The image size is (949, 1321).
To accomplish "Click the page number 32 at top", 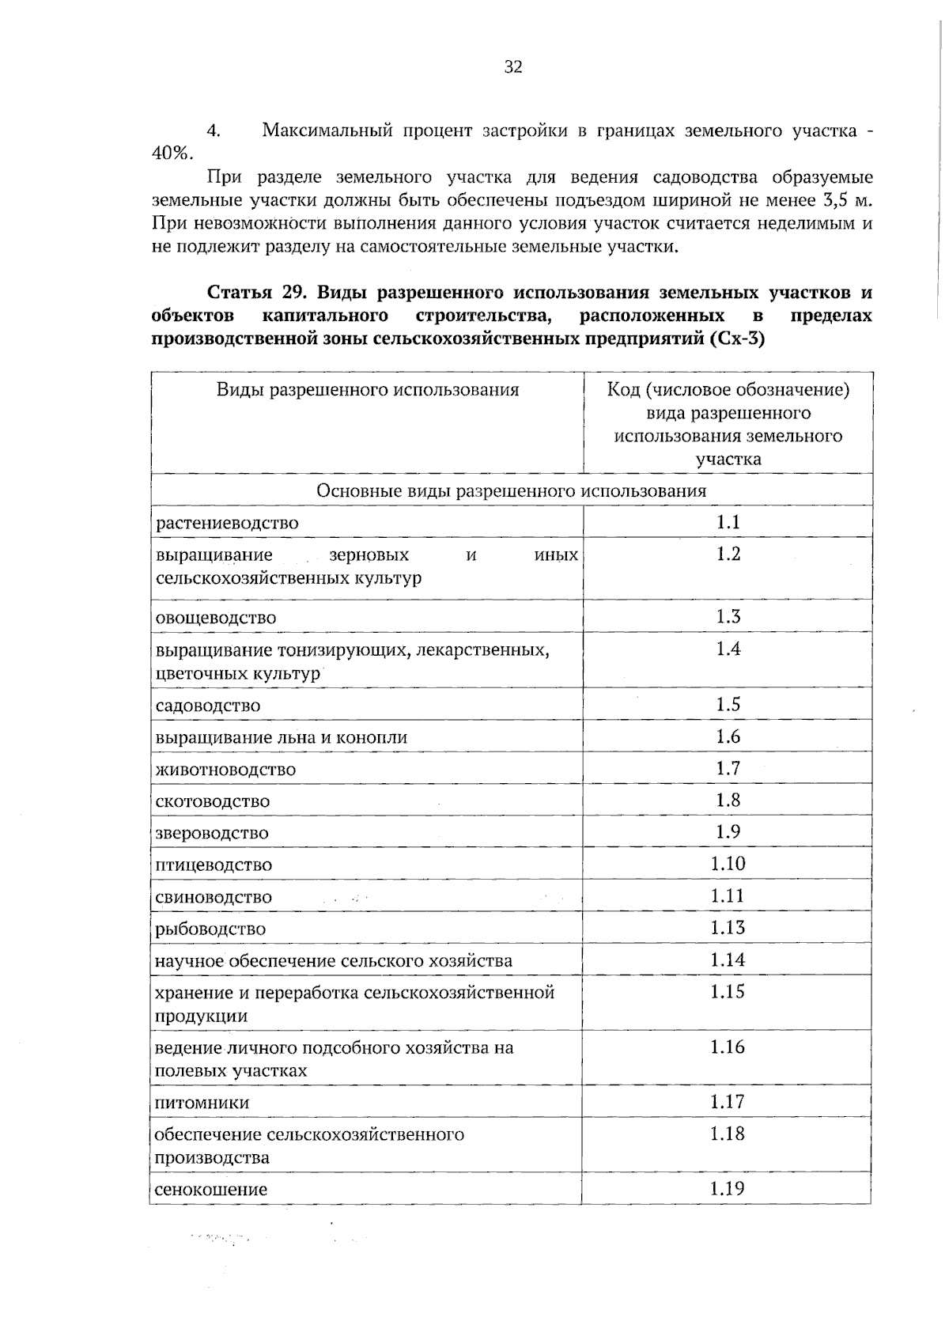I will click(x=513, y=67).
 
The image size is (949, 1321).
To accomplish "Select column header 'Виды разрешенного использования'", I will click(x=368, y=389).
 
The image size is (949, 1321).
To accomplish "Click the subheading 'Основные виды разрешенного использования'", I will click(x=511, y=490).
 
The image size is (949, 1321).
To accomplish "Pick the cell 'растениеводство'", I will click(x=227, y=523).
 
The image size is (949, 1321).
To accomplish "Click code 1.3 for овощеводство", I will click(x=728, y=617).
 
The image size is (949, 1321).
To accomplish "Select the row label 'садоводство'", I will click(x=208, y=705).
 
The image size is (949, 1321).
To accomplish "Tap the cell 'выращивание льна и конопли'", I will click(x=282, y=737).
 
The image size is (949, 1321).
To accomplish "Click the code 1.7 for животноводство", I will click(x=728, y=768).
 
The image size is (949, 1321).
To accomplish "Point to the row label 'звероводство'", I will click(x=212, y=833).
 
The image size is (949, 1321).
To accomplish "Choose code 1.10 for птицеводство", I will click(x=728, y=864).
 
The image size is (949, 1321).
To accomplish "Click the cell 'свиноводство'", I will click(x=214, y=897).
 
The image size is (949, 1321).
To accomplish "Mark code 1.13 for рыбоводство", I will click(x=728, y=928).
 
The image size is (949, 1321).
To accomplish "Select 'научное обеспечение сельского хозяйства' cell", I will click(x=333, y=961).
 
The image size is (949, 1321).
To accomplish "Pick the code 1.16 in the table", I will click(x=728, y=1047).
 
